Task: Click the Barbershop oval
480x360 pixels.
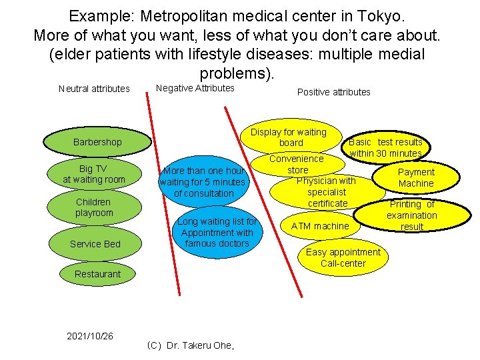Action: coord(97,142)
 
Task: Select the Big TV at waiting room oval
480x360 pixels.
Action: coord(94,174)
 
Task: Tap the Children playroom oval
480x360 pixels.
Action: coord(94,207)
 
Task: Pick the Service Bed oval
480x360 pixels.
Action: coord(95,244)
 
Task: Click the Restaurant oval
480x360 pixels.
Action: coord(98,274)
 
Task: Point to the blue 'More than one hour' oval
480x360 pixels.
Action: coord(204,182)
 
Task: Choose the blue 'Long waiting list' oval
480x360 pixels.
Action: coord(217,233)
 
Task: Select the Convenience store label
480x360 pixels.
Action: coord(297,164)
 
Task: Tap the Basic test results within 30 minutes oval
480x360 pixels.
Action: coord(386,147)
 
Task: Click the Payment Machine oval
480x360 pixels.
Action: coord(416,177)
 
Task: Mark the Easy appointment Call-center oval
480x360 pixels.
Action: coord(343,257)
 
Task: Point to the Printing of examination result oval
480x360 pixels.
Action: coord(412,215)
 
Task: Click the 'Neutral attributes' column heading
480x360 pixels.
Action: coord(94,89)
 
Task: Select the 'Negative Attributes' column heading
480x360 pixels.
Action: coord(195,88)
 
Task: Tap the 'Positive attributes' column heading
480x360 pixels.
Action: coord(333,92)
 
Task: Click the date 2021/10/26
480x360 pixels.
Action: coord(90,336)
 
